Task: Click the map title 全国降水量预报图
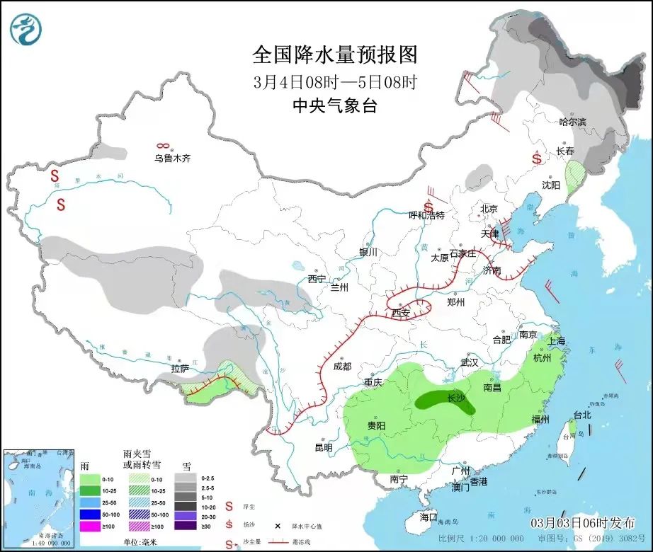point(335,54)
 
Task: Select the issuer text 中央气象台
point(335,106)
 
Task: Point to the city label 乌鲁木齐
point(173,159)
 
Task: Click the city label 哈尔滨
point(573,122)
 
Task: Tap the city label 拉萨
point(181,369)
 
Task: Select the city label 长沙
point(456,398)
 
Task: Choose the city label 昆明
point(323,447)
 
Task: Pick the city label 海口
point(428,517)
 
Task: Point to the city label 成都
point(341,367)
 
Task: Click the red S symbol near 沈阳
point(537,159)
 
